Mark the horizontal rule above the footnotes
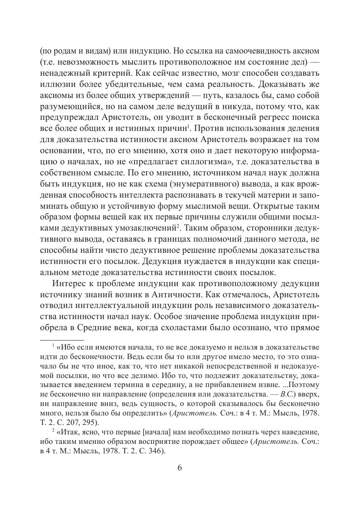pos(62,340)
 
